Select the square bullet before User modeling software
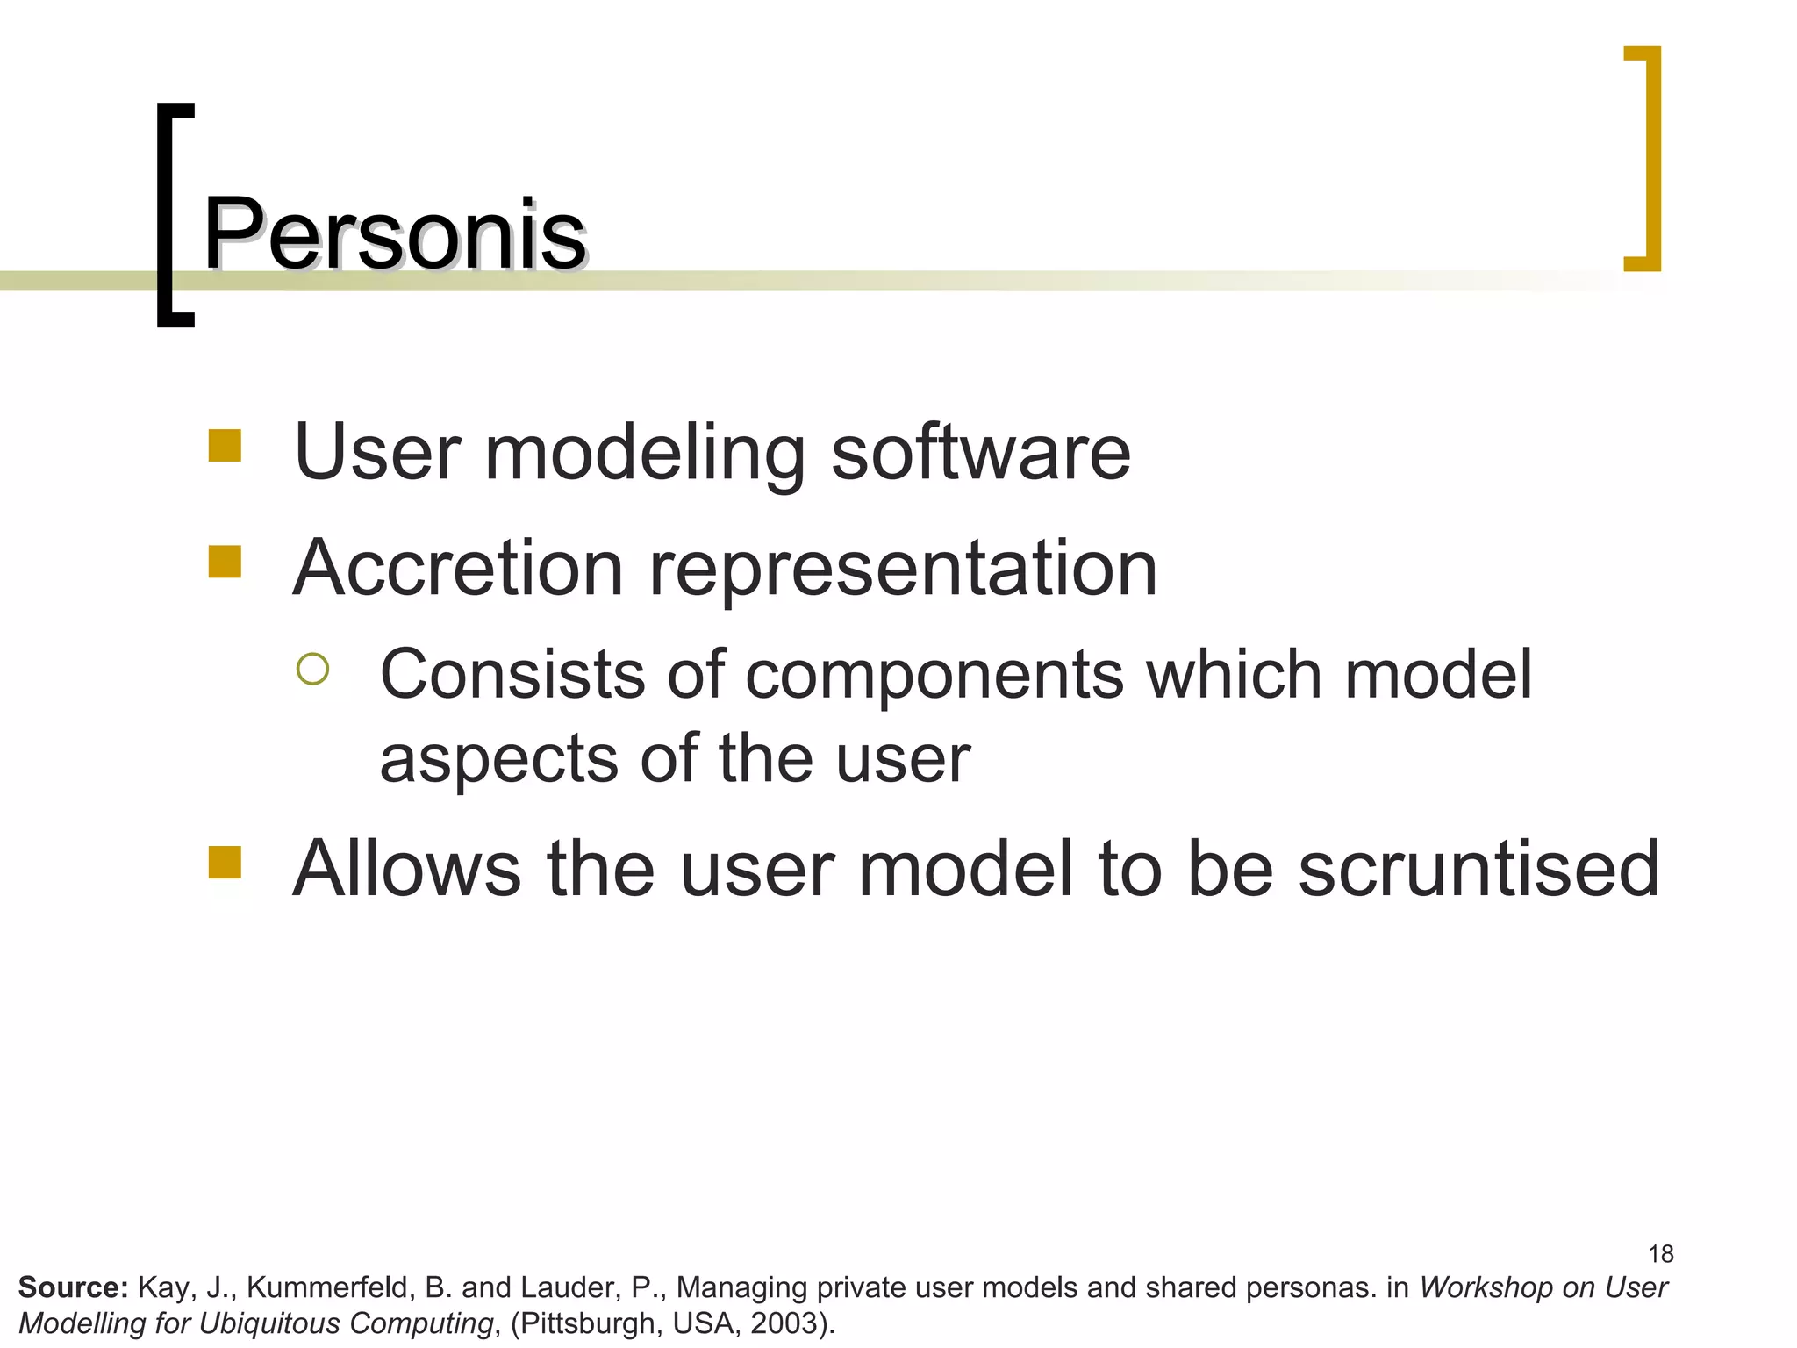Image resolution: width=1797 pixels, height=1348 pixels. coord(225,445)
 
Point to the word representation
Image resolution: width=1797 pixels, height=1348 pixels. coord(903,570)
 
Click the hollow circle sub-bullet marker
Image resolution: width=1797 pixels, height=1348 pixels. coord(312,669)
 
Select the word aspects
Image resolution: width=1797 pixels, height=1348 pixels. coord(497,759)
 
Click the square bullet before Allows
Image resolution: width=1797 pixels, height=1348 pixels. coord(225,862)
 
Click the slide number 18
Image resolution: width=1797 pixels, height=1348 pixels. coord(1660,1253)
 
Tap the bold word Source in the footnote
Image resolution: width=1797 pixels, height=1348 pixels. coord(73,1287)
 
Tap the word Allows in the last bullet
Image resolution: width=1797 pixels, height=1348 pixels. coord(407,869)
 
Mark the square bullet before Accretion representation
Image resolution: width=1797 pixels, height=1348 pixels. coord(225,562)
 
